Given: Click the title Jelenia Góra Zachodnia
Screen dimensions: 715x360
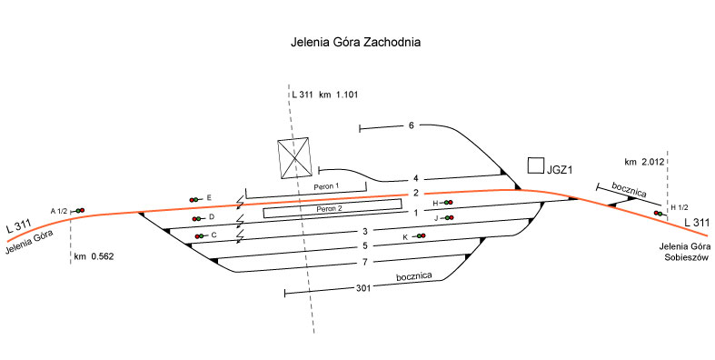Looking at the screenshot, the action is pyautogui.click(x=355, y=42).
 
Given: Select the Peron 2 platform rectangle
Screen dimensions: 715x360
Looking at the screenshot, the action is pyautogui.click(x=333, y=208).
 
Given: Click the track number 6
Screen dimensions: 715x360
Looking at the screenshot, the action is pyautogui.click(x=411, y=125).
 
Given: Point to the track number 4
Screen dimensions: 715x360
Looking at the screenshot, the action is pyautogui.click(x=415, y=178).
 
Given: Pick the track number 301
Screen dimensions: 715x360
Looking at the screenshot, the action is pyautogui.click(x=363, y=288).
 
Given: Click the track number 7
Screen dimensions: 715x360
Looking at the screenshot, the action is pyautogui.click(x=365, y=262).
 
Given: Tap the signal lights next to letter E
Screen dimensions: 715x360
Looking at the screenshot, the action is pyautogui.click(x=195, y=199).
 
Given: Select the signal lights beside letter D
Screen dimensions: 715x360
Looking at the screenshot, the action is pyautogui.click(x=198, y=219).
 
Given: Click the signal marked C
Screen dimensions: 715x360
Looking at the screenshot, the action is pyautogui.click(x=200, y=236).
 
